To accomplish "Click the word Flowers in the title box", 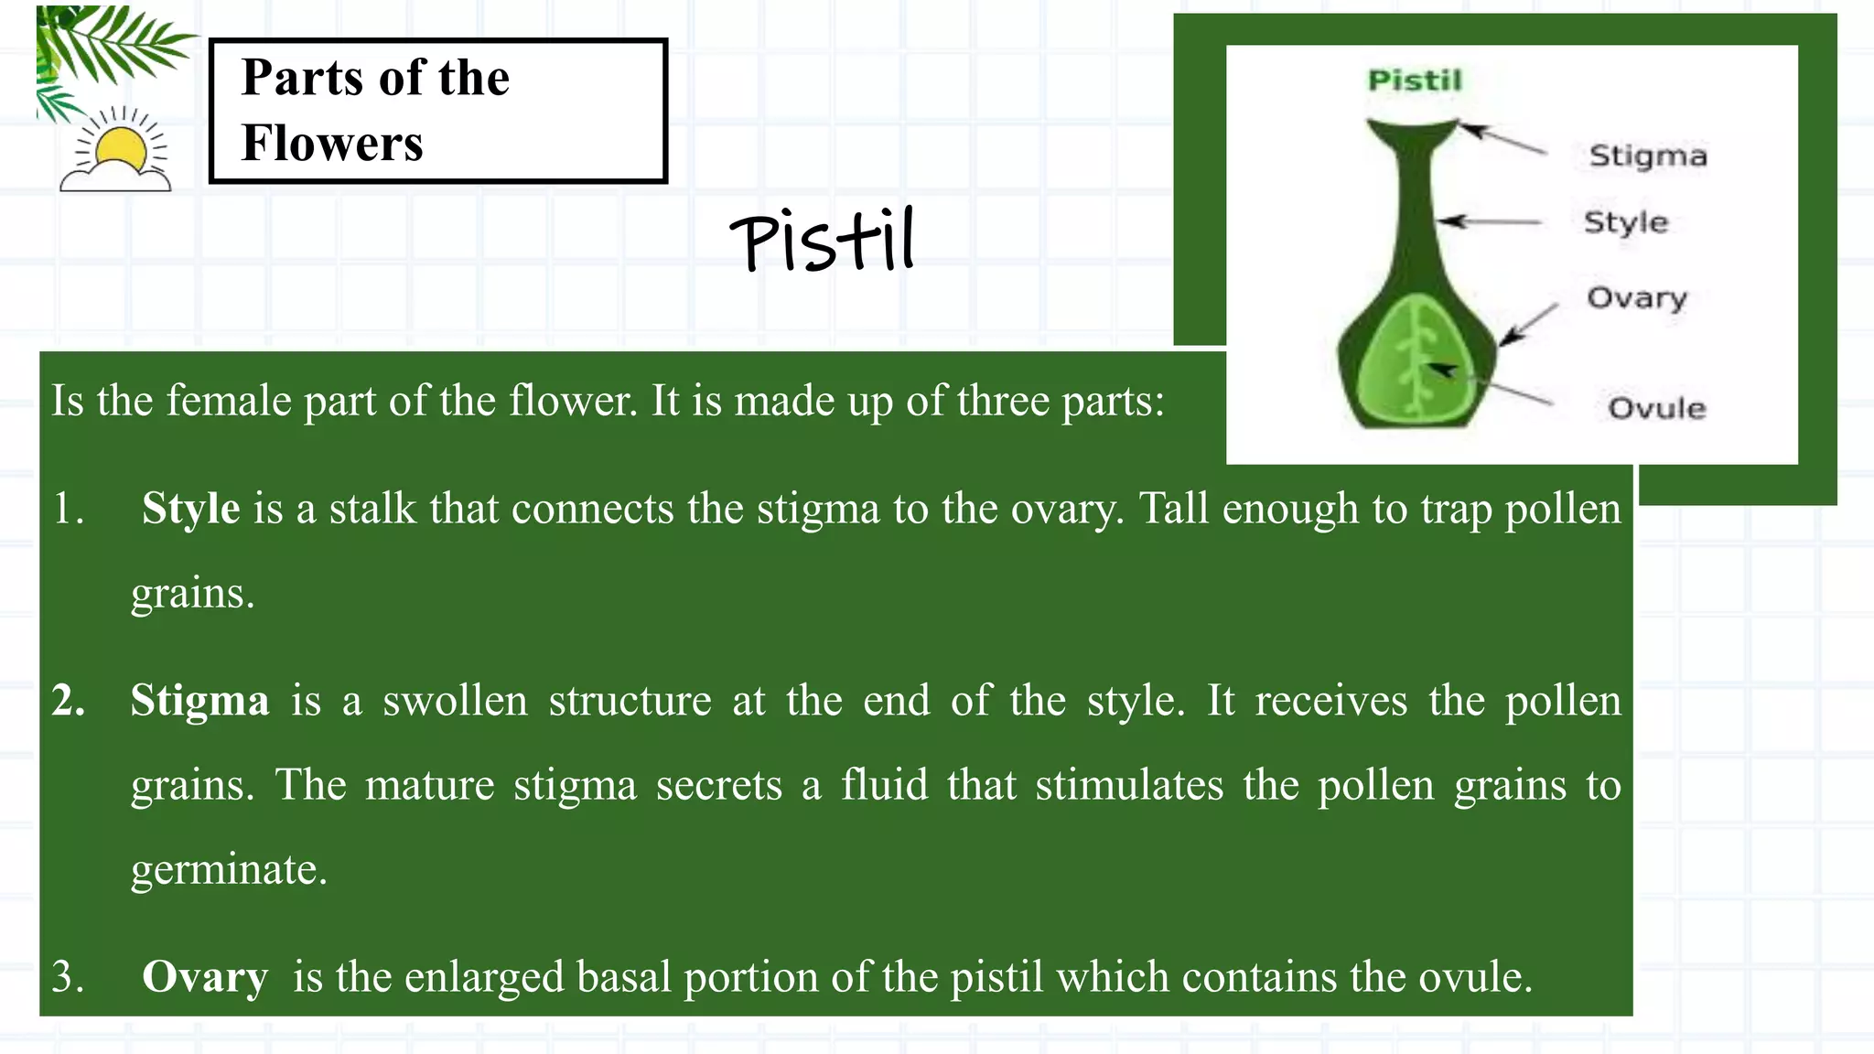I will click(x=332, y=144).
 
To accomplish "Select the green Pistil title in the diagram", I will click(x=1415, y=81).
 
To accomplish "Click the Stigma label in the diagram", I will click(x=1648, y=156).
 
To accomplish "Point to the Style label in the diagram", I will click(x=1626, y=222).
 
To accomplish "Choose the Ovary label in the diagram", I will click(x=1637, y=298).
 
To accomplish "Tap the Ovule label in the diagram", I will click(x=1657, y=408).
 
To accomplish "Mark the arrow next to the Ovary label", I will click(x=1528, y=325).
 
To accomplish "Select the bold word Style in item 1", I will click(x=190, y=508).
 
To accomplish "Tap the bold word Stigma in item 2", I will click(x=199, y=701).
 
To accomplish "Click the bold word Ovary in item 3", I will click(x=205, y=976).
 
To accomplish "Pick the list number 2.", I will click(x=69, y=701).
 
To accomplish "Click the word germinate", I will click(x=229, y=869).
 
